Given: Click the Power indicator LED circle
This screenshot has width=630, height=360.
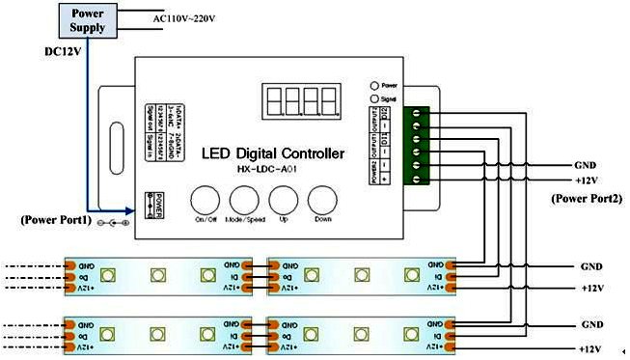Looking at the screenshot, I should pyautogui.click(x=374, y=84).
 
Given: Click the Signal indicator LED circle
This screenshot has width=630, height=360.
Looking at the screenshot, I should pyautogui.click(x=374, y=97).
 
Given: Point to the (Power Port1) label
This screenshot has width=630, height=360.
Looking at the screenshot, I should pyautogui.click(x=57, y=220).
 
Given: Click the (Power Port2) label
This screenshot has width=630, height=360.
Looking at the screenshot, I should pyautogui.click(x=586, y=198).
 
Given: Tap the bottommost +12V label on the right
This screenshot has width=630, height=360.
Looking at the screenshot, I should pyautogui.click(x=590, y=348).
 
